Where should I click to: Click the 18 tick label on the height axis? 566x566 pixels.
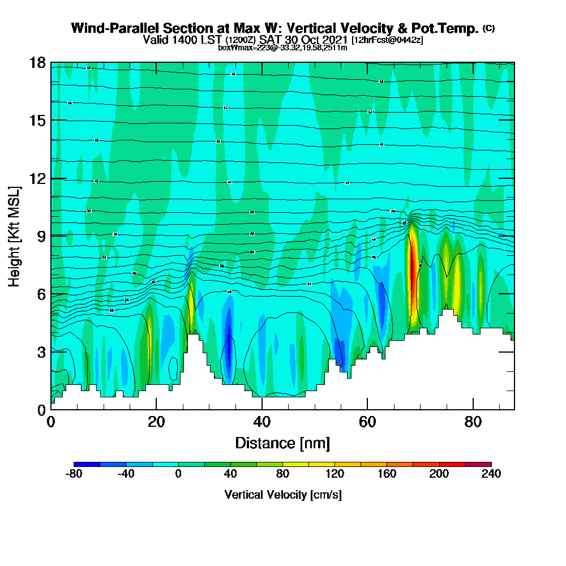37,62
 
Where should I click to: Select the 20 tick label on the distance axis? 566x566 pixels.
156,422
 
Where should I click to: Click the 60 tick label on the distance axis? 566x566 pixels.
367,422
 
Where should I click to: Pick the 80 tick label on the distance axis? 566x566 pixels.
473,422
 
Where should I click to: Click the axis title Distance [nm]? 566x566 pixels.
282,443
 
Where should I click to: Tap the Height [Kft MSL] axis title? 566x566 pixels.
15,235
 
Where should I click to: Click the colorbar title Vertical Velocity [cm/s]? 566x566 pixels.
282,495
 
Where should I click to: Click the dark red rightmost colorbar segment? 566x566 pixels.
478,464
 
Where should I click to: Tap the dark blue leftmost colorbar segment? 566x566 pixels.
87,464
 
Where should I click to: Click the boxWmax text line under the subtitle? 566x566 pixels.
282,48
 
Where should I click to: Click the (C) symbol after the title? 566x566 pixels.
488,28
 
